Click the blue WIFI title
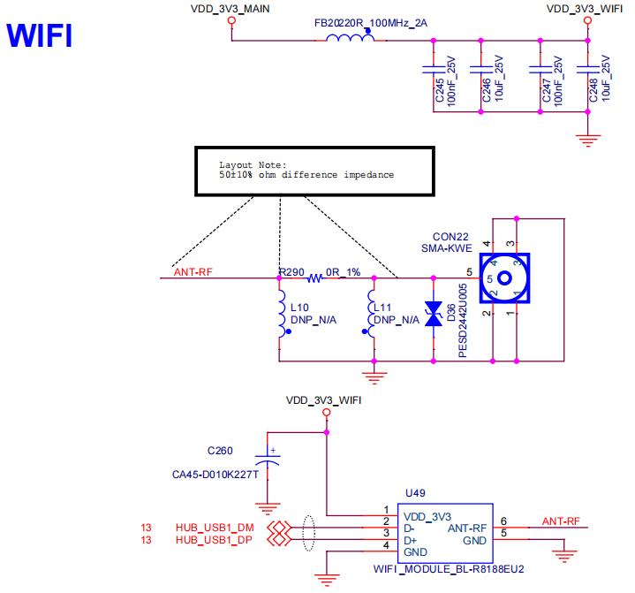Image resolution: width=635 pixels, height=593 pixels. [x=39, y=35]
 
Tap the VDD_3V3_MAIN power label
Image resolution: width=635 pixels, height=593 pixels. [x=231, y=8]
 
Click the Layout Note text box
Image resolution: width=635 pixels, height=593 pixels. [x=315, y=170]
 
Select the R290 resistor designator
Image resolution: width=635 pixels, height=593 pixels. [x=291, y=272]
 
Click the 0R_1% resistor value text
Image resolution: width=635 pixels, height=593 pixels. [x=344, y=272]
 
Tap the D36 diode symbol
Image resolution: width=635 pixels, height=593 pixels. [x=433, y=315]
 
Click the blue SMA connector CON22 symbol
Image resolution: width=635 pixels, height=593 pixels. [x=504, y=278]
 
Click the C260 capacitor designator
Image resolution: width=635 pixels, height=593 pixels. [x=220, y=450]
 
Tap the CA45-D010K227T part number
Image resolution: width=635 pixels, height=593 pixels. [x=215, y=475]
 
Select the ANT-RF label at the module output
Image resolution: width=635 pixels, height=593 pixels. [x=561, y=521]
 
